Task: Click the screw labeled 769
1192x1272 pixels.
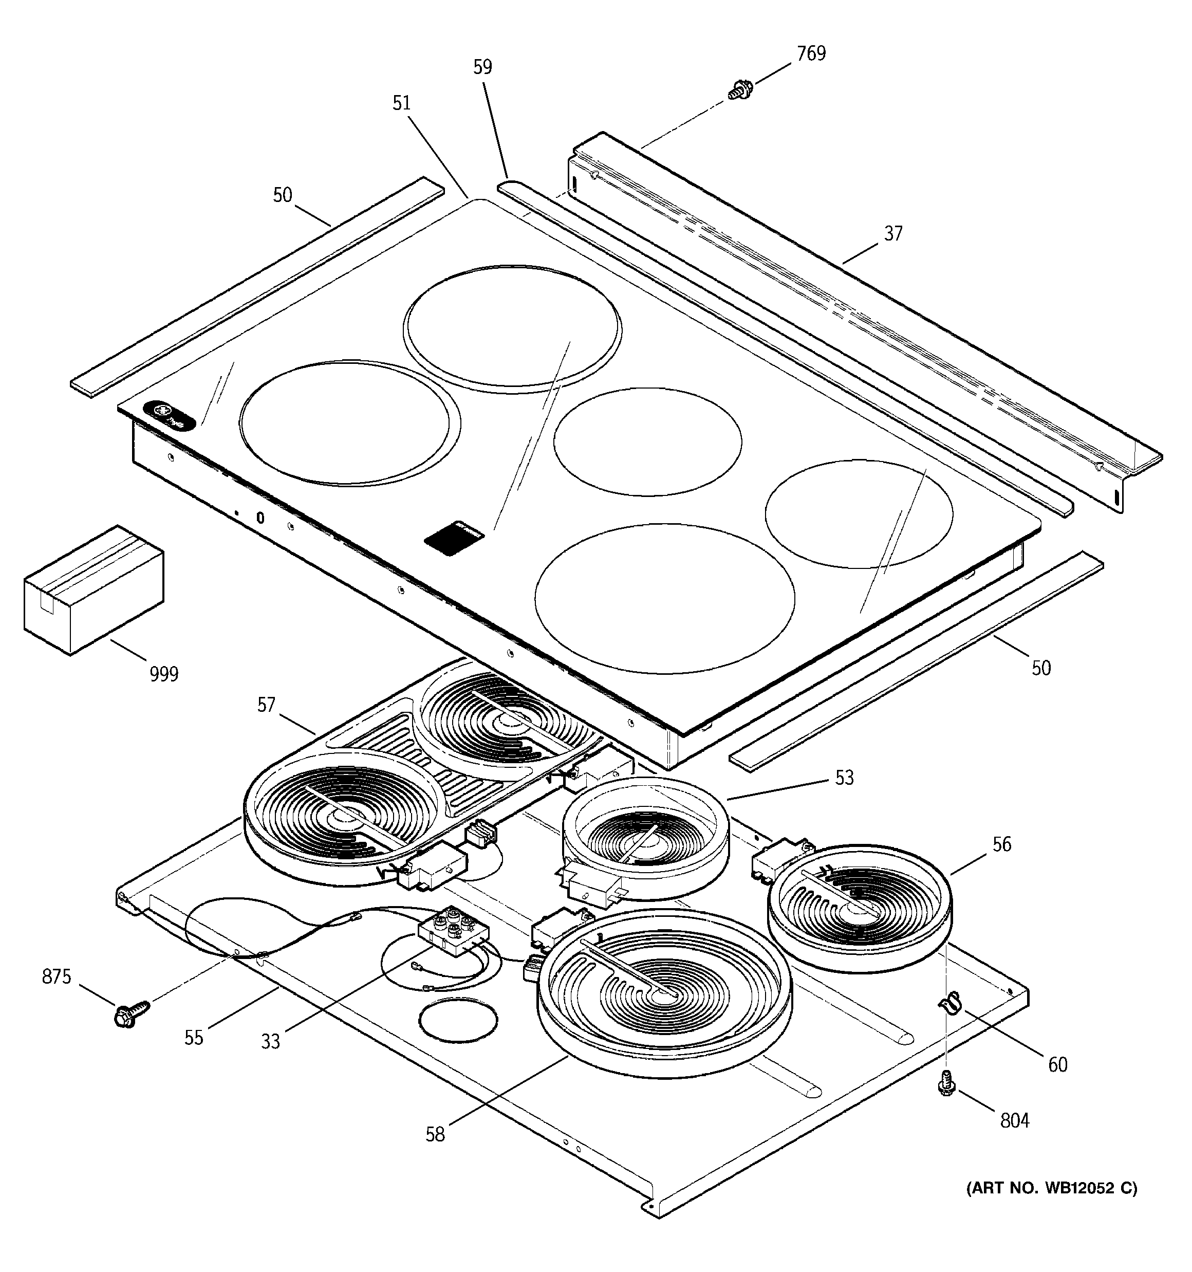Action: coord(740,90)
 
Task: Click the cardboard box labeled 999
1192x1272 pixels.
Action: coord(94,589)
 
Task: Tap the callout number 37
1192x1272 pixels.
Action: coord(893,233)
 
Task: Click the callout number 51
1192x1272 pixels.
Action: coord(401,103)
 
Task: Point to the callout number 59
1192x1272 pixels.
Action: coord(482,66)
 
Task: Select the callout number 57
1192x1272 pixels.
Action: coord(266,705)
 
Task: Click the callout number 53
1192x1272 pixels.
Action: coord(845,778)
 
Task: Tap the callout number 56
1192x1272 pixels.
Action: coord(1002,844)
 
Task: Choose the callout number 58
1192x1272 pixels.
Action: coord(435,1134)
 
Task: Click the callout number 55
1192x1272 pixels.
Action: coord(194,1037)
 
